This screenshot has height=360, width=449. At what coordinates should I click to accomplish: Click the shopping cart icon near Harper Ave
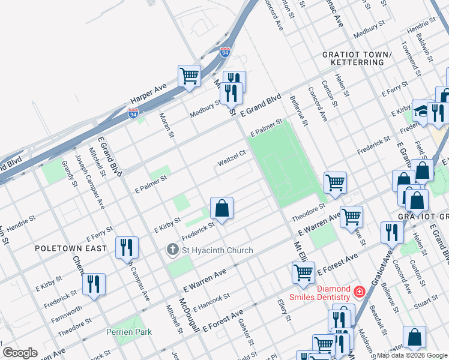(189, 76)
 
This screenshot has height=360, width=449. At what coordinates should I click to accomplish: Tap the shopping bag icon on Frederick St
(221, 209)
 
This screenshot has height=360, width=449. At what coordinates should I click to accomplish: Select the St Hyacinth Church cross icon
(173, 250)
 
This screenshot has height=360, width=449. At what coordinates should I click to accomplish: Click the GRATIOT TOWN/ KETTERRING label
(357, 59)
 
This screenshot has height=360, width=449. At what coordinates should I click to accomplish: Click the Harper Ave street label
(148, 94)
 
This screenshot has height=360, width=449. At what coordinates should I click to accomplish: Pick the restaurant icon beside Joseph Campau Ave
(127, 247)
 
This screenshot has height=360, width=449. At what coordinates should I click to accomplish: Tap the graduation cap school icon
(423, 112)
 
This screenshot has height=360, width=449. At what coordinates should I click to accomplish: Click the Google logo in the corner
(20, 353)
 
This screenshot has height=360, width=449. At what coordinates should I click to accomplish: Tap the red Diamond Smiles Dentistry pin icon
(359, 292)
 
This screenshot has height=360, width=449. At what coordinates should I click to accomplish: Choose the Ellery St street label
(283, 310)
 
